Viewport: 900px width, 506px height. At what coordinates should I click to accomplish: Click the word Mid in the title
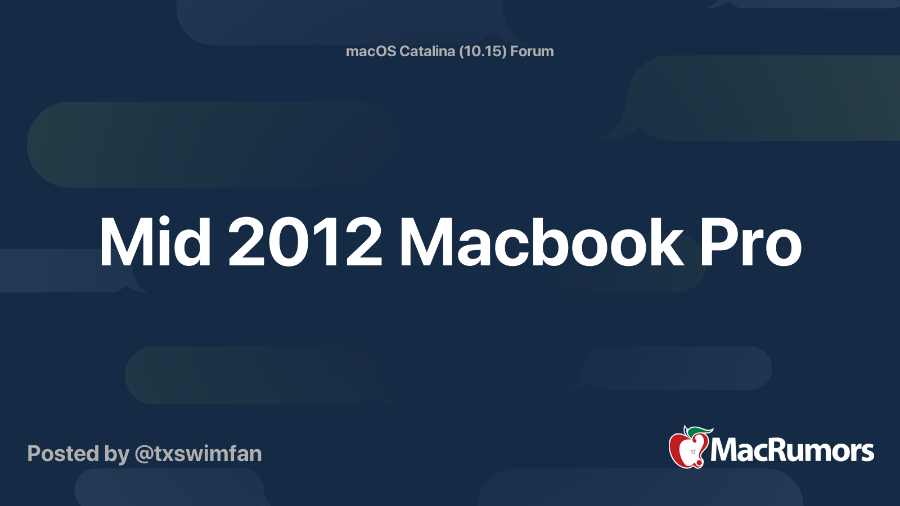[x=155, y=242]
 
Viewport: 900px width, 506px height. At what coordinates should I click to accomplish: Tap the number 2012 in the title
[x=305, y=242]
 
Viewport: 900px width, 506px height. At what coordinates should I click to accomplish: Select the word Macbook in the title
[x=541, y=242]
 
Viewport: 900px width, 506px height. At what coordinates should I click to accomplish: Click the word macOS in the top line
[x=371, y=51]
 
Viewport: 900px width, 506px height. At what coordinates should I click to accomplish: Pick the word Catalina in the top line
[x=427, y=51]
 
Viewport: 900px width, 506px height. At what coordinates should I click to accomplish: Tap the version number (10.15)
[x=483, y=51]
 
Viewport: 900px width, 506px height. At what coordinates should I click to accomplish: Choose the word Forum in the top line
[x=532, y=51]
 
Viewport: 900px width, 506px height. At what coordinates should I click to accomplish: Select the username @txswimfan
[x=198, y=454]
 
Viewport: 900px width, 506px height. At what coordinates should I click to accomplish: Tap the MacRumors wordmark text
[x=792, y=450]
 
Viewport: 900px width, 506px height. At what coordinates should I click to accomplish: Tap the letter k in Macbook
[x=665, y=242]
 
